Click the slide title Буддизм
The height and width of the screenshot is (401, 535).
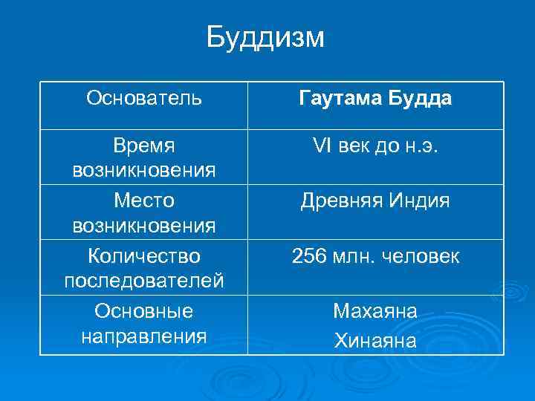click(265, 36)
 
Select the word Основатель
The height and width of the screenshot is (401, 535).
click(143, 98)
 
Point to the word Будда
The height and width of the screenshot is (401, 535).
click(417, 99)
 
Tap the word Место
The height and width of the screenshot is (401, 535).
click(144, 200)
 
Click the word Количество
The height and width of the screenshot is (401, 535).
click(144, 256)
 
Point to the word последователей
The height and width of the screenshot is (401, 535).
click(144, 281)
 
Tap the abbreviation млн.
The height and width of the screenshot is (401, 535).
click(357, 257)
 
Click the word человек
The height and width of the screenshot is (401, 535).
click(424, 257)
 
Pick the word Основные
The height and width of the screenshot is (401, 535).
click(144, 310)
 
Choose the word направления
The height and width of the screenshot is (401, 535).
click(144, 335)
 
